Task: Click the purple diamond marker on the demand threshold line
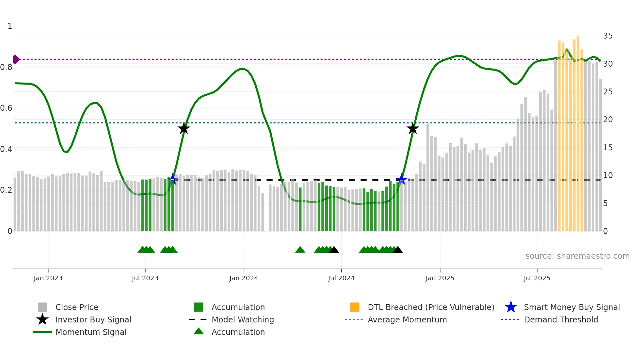coord(16,59)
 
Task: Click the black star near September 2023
coord(184,128)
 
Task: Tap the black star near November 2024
coord(413,128)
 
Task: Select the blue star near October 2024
coord(401,179)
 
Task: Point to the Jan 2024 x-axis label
coord(244,278)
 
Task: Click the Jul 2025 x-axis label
coord(537,278)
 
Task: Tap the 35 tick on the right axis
coord(608,36)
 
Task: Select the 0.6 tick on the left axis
coord(6,108)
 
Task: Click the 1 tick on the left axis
coord(10,26)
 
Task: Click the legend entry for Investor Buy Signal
coord(93,319)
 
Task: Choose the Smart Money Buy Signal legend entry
coord(571,307)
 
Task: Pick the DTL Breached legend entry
coord(431,307)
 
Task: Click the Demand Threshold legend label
coord(561,319)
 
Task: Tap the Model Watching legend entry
coord(242,319)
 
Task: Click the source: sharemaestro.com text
coord(577,256)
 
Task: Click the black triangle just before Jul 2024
coord(334,250)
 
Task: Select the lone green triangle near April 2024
coord(300,250)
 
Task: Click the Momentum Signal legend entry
coord(91,332)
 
